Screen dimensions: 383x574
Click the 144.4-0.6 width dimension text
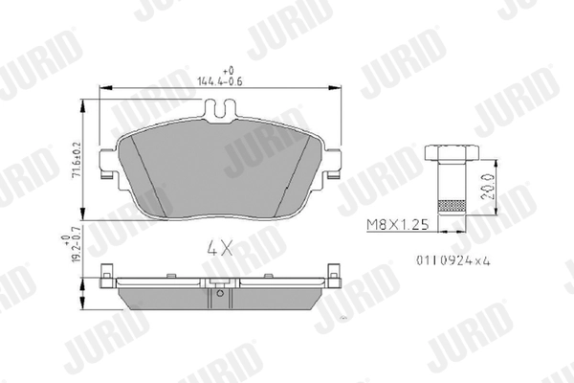click(227, 81)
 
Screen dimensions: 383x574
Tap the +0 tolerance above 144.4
click(227, 71)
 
